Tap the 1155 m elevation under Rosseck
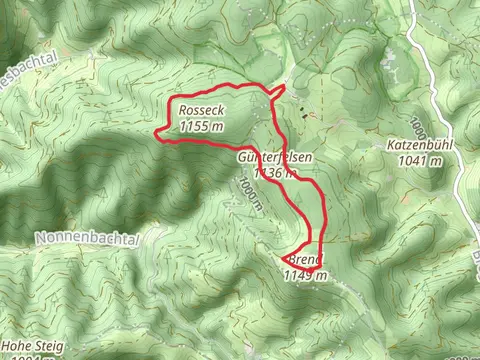204,127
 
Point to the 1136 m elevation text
277,173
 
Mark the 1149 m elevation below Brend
306,276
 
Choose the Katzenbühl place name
420,144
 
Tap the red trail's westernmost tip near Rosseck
154,131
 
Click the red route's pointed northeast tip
286,87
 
